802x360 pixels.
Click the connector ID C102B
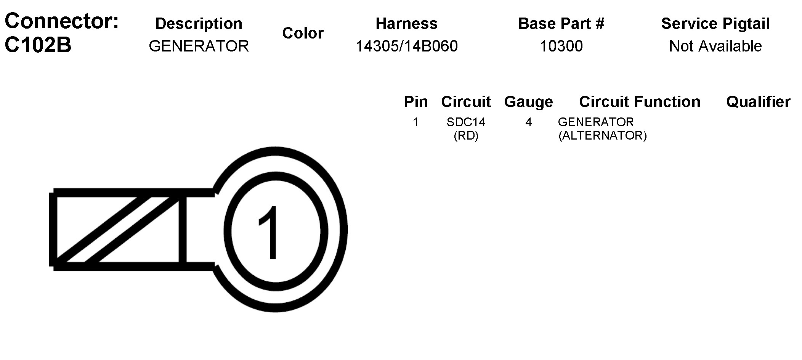38,45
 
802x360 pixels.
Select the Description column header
199,24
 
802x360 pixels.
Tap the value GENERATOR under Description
199,46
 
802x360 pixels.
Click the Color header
303,33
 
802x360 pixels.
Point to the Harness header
407,24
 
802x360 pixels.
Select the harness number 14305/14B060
407,46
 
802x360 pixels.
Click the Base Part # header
561,24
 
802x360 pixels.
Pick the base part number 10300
561,46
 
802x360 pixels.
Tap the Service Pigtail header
715,24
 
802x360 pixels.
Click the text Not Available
715,46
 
